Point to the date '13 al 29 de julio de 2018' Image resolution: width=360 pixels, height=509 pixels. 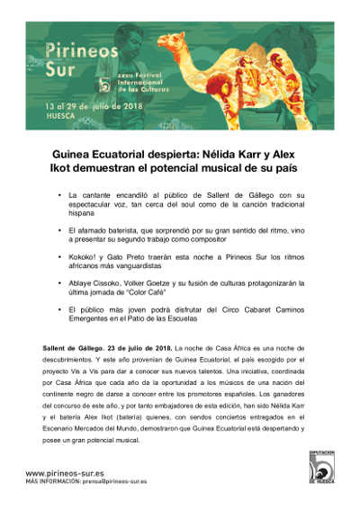[x=89, y=105]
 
